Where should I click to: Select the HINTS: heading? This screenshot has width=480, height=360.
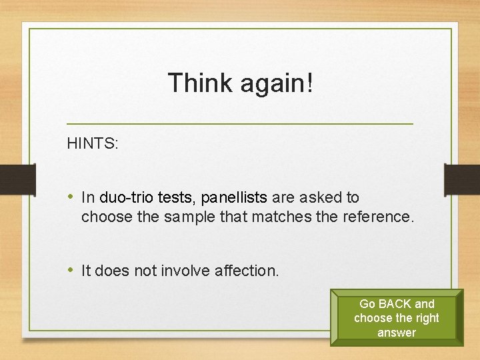(93, 143)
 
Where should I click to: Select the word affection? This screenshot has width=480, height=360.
(247, 271)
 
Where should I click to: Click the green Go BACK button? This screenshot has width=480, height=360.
(396, 317)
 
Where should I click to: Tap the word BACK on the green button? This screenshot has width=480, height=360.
(396, 304)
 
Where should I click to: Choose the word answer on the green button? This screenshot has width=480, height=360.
(396, 332)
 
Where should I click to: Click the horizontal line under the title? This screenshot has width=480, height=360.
(240, 124)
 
